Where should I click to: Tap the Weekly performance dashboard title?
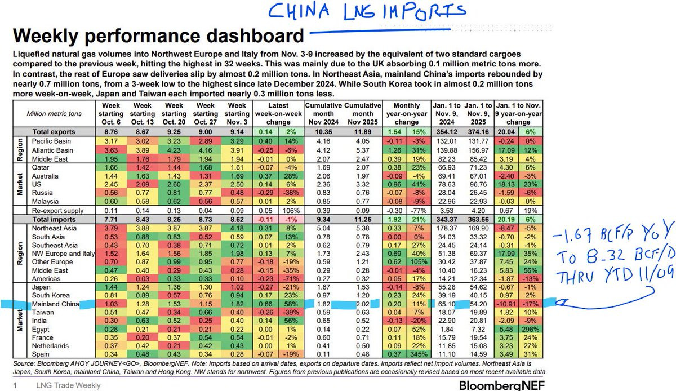[158, 37]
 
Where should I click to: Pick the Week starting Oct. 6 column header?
[114, 113]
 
